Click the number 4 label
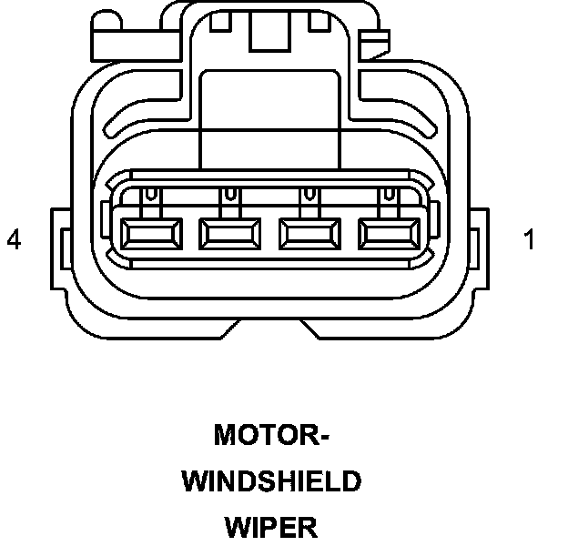tap(14, 240)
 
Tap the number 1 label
tap(529, 240)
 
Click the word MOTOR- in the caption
tap(271, 435)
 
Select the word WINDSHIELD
tap(271, 481)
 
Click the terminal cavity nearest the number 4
tap(149, 235)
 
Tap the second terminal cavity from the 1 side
tap(309, 235)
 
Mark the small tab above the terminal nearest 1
tap(390, 195)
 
